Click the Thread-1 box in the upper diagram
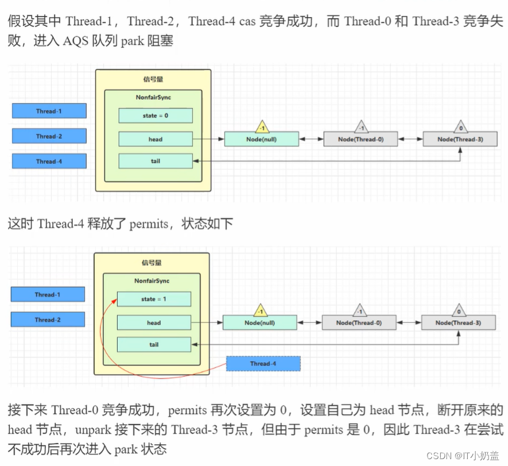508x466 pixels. coord(49,111)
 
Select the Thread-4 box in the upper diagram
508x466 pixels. coord(49,161)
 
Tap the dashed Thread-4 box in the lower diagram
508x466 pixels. coord(263,363)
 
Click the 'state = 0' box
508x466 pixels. coord(155,115)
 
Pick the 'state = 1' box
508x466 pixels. coord(153,299)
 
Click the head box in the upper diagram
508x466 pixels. coord(155,139)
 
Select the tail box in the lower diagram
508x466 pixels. coord(153,344)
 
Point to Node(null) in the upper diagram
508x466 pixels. coord(261,139)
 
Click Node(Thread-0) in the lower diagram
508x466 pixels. coord(359,323)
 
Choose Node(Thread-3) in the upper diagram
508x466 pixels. coord(460,139)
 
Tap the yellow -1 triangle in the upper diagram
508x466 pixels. coord(262,127)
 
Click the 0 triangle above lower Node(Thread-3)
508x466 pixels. coord(459,310)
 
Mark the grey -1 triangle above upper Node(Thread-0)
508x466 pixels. coord(361,127)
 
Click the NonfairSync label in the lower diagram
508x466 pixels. coord(152,281)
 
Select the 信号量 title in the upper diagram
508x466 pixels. coord(153,79)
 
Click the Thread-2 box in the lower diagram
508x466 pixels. coord(48,320)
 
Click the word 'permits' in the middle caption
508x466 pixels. coord(148,224)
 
